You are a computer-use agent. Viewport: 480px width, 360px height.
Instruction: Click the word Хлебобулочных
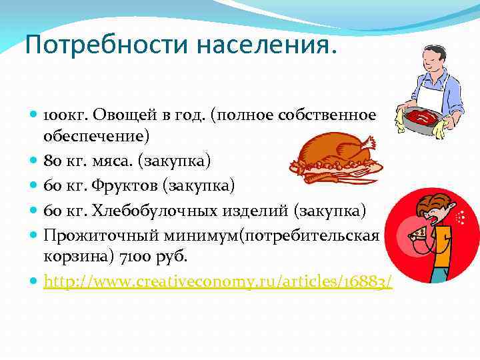click(159, 210)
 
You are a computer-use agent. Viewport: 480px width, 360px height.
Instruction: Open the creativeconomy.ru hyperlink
click(217, 282)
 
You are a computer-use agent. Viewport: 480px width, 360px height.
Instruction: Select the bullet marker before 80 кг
click(34, 161)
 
